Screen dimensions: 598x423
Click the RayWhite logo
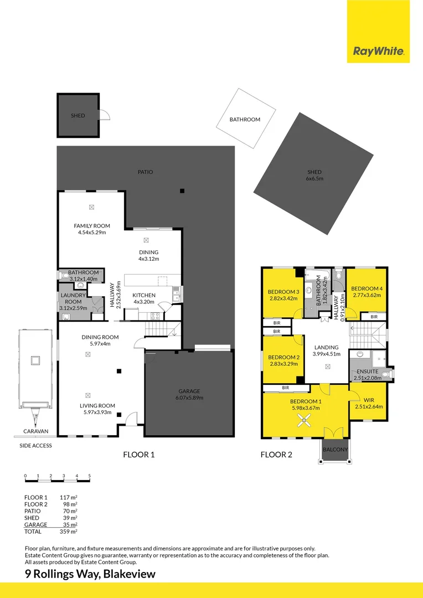click(x=378, y=52)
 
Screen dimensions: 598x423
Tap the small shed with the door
click(x=78, y=116)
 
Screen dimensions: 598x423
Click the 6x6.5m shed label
click(x=314, y=175)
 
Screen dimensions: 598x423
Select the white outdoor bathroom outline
click(x=245, y=119)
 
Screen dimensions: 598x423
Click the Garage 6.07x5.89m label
click(x=189, y=394)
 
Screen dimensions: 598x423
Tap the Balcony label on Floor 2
click(x=335, y=450)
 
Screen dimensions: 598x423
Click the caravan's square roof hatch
click(x=35, y=361)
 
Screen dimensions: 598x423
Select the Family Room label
click(x=92, y=229)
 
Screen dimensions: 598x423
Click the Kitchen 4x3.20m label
click(x=144, y=298)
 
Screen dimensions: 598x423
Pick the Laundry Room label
click(x=73, y=299)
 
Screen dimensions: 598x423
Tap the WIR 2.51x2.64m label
click(x=368, y=403)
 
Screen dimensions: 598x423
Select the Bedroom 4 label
click(x=366, y=292)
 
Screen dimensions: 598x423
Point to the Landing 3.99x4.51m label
click(x=326, y=350)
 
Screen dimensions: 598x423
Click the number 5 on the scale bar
click(x=89, y=476)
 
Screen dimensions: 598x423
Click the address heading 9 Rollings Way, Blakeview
click(x=90, y=574)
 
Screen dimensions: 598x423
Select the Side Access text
click(x=35, y=446)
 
